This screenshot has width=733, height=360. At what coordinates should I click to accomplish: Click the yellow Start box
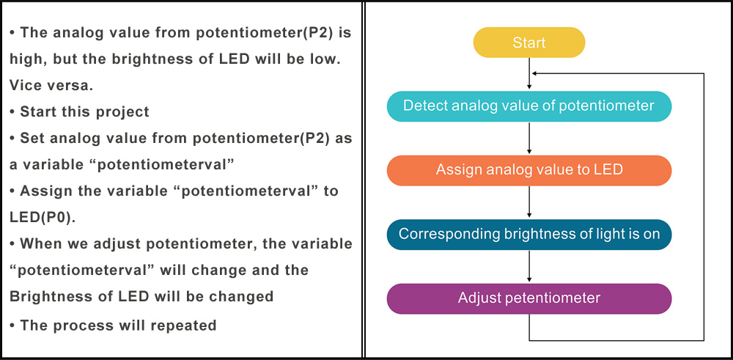(x=529, y=43)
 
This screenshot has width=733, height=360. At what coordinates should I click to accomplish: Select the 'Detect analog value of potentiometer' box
(x=529, y=106)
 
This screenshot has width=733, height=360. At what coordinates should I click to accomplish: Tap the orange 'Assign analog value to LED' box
(x=529, y=170)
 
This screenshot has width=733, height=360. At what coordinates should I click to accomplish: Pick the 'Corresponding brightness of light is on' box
(x=529, y=234)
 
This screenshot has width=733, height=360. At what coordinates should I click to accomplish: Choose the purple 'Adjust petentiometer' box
(x=529, y=298)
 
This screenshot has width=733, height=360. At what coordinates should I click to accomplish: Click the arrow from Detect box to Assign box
(x=529, y=139)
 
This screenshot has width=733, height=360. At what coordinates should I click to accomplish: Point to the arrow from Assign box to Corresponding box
(x=529, y=202)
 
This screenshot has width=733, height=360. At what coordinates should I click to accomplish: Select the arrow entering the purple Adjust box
(x=529, y=266)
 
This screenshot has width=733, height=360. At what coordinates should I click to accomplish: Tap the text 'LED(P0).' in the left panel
(x=42, y=218)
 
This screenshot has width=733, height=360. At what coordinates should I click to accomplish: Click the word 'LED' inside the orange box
(x=608, y=169)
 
